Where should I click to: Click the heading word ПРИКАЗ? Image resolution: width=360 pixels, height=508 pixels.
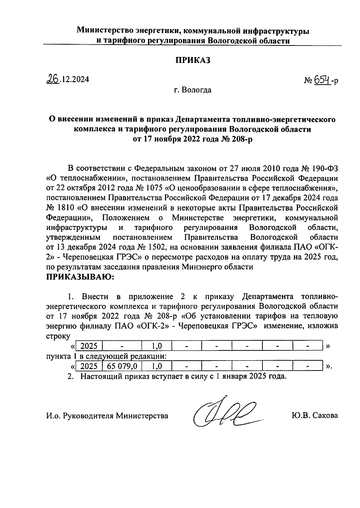tap(193, 60)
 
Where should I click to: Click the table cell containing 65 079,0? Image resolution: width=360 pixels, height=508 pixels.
tap(122, 366)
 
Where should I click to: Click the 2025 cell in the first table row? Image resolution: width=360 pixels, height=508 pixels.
tap(89, 346)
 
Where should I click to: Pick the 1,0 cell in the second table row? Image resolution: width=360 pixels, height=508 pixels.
tap(157, 366)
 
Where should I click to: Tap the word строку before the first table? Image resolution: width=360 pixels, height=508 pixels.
tap(58, 336)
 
